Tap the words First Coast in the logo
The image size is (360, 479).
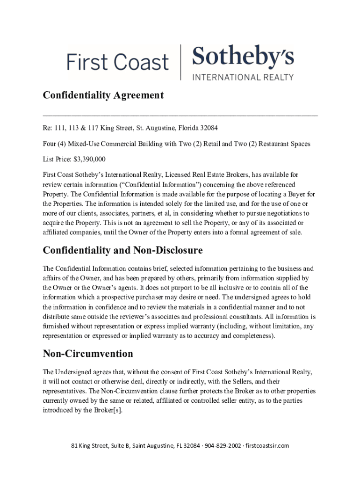pos(117,62)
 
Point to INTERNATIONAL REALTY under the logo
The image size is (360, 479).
pos(243,77)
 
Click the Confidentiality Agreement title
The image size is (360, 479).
pos(103,95)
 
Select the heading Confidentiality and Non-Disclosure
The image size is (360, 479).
pos(122,250)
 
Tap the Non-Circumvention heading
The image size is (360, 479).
pos(88,353)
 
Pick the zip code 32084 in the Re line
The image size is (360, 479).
pos(208,128)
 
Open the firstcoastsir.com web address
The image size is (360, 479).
pos(267,445)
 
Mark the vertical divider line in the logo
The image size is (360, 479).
pos(180,62)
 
